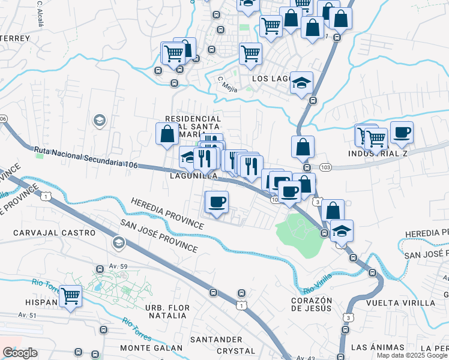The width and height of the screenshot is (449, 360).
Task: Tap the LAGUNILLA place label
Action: pos(194,176)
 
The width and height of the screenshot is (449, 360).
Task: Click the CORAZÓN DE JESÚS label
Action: pos(312,304)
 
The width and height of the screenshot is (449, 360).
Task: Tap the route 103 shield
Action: pos(326,166)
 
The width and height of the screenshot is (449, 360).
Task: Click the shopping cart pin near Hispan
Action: pos(71,295)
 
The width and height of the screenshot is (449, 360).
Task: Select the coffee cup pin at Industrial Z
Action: pos(402,131)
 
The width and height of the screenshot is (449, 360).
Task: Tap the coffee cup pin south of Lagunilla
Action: pos(217,202)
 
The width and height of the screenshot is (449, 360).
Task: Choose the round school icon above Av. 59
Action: pos(118,242)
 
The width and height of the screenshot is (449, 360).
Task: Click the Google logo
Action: pos(20,353)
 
